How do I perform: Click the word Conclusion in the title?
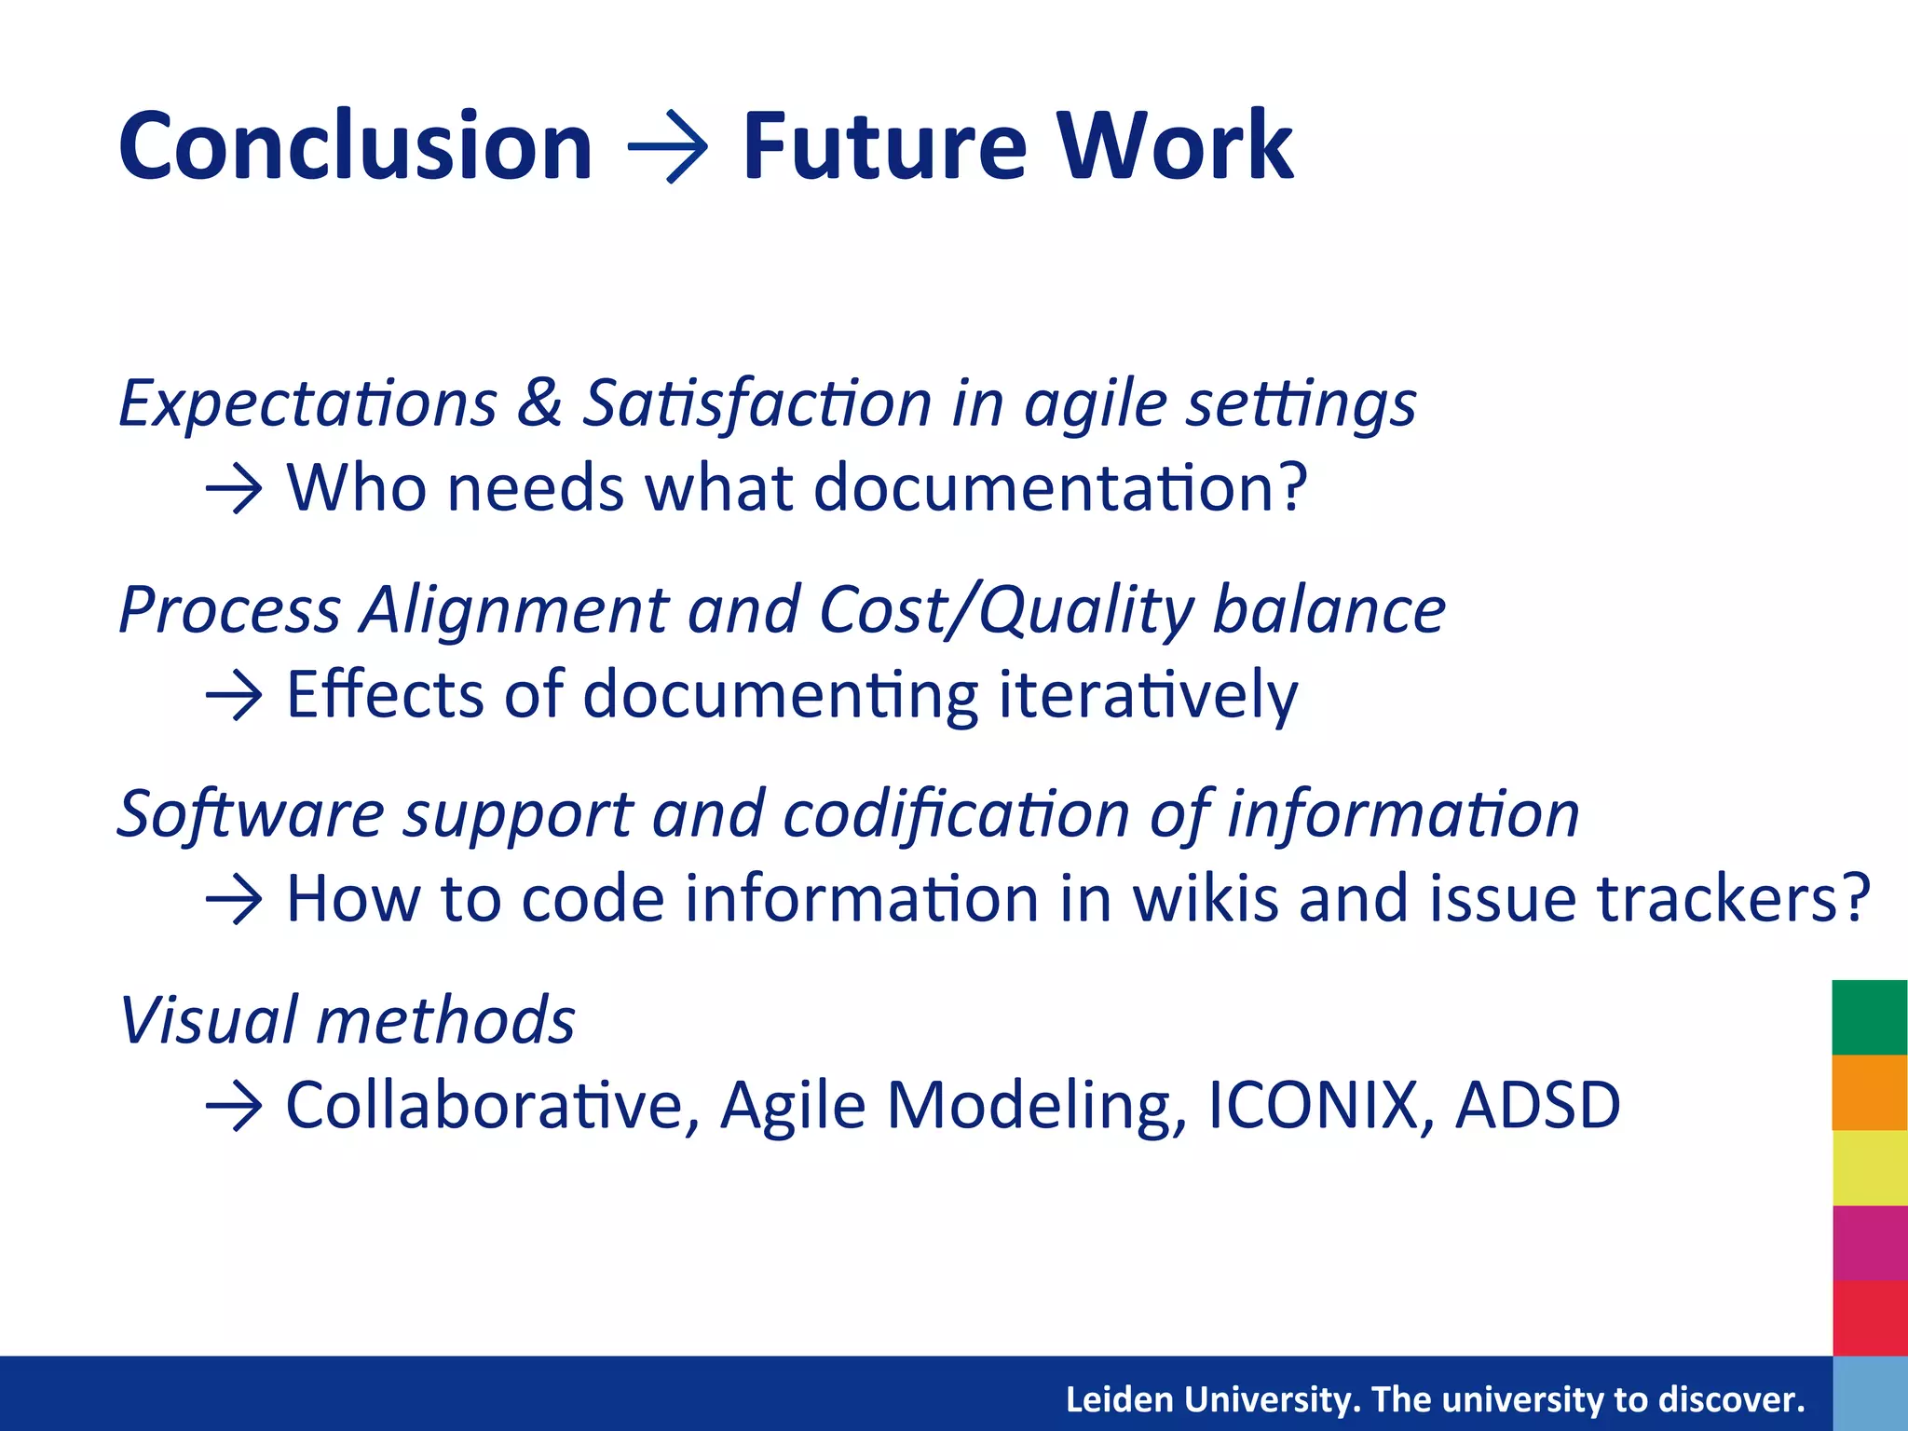pyautogui.click(x=355, y=146)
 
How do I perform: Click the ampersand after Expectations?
pyautogui.click(x=539, y=403)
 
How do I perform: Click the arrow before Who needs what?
pyautogui.click(x=234, y=488)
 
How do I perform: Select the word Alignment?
pyautogui.click(x=514, y=610)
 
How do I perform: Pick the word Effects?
pyautogui.click(x=385, y=694)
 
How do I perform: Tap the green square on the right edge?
pyautogui.click(x=1869, y=1017)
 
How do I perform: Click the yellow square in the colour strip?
pyautogui.click(x=1869, y=1168)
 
